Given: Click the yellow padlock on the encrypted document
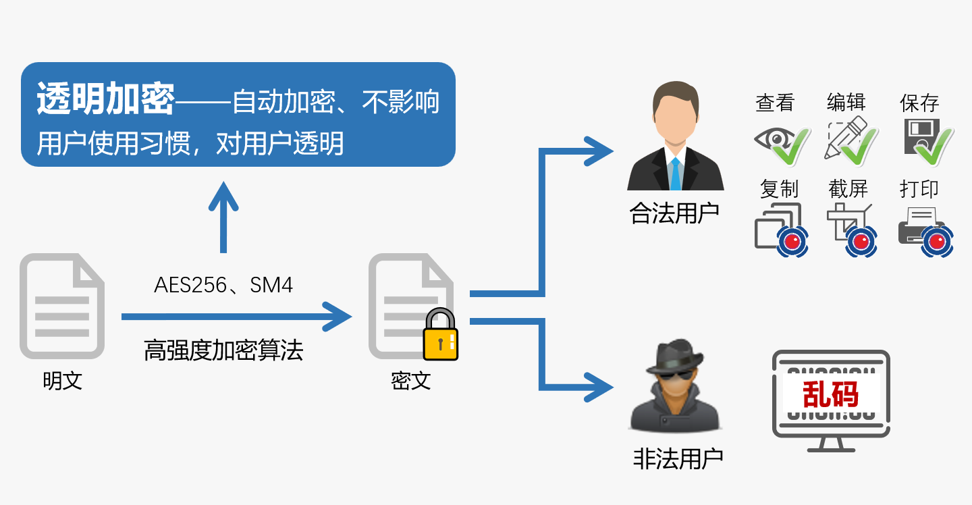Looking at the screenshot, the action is (440, 334).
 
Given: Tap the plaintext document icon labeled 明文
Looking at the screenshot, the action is (62, 306).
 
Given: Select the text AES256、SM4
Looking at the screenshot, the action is (223, 286).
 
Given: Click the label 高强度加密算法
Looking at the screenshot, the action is (223, 350).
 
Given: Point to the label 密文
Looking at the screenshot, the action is (411, 381).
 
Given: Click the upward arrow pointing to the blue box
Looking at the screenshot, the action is (223, 217).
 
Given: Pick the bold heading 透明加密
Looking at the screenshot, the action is (105, 99).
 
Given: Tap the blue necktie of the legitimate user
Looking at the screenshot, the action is (676, 174).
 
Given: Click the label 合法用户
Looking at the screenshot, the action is (674, 213).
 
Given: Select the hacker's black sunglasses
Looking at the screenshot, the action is (675, 375).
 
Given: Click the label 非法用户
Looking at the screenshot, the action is (678, 459).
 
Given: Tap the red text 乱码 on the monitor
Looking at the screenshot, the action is (830, 394).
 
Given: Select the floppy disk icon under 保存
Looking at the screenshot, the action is (921, 136).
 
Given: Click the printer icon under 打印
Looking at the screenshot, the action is (920, 225).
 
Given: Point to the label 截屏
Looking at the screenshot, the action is (848, 189).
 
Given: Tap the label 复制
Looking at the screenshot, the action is (779, 189).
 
